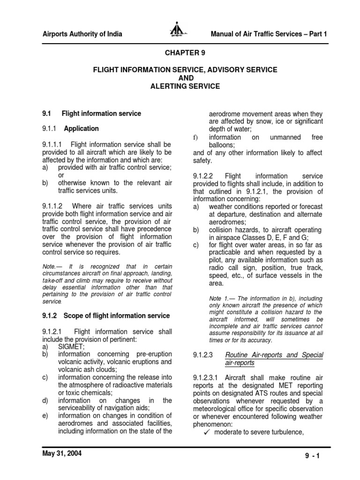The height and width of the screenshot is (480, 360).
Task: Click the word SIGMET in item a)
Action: (x=71, y=346)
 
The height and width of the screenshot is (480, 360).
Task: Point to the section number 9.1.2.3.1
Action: (x=207, y=377)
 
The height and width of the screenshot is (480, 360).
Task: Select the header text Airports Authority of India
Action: (x=82, y=34)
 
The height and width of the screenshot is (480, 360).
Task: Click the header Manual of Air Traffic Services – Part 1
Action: (x=269, y=34)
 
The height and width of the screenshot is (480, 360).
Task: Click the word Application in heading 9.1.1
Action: (x=82, y=128)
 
